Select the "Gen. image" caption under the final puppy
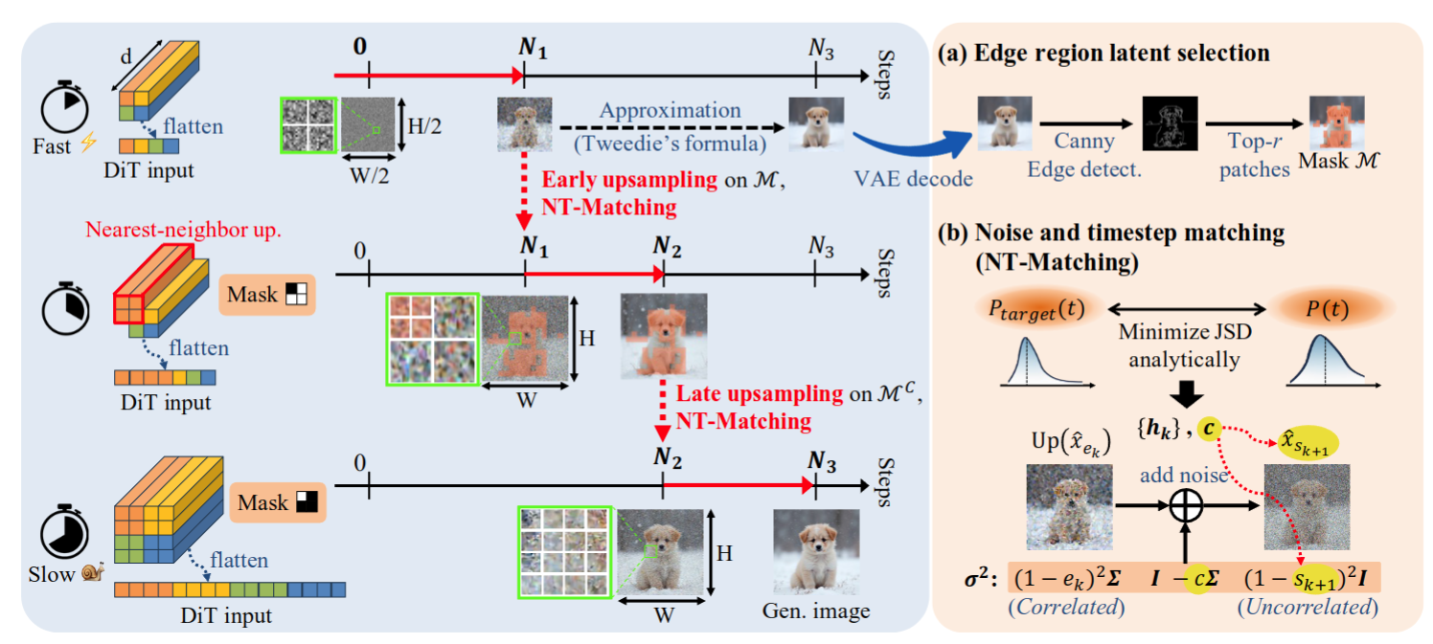[x=815, y=611]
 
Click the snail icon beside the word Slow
[x=93, y=571]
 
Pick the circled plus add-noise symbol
[x=1186, y=506]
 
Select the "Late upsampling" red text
[x=741, y=393]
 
